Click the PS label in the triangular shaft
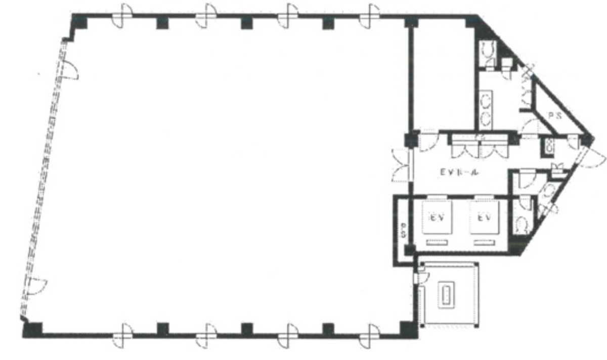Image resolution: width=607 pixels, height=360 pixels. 555,115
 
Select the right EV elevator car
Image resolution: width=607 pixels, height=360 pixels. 484,218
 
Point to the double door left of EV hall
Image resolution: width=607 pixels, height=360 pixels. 402,165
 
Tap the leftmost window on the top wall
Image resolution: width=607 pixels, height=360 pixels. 122,15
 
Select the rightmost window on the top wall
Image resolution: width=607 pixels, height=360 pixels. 369,15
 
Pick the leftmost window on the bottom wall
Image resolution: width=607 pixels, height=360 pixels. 122,335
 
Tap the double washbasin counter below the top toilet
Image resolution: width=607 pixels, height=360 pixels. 486,108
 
